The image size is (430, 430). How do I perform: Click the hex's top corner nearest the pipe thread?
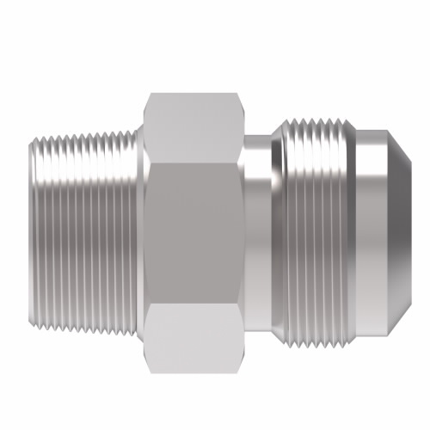point(148,95)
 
